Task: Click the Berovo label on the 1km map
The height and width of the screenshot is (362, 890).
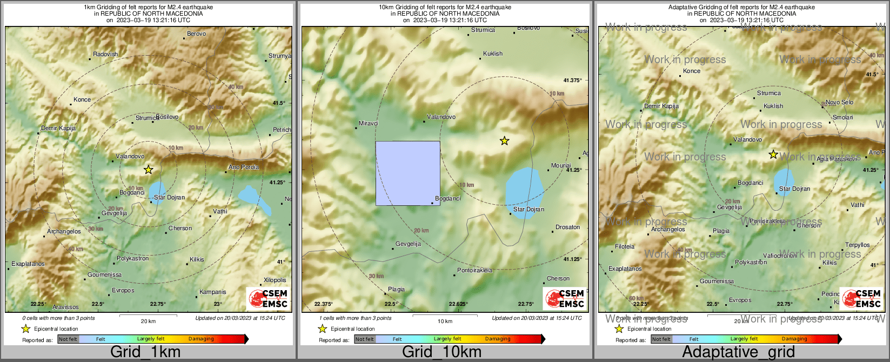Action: [x=196, y=33]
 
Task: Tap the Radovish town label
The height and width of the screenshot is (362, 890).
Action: [x=105, y=54]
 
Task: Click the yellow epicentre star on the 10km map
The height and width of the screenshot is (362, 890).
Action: [x=504, y=141]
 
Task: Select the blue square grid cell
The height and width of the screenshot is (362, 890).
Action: [x=407, y=173]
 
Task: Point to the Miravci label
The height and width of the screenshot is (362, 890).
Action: [x=369, y=123]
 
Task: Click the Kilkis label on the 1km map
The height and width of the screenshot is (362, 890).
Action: [x=197, y=259]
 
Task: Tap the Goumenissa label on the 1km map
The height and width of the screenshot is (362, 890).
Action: [x=104, y=274]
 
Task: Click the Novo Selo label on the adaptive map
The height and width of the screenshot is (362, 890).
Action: [x=839, y=102]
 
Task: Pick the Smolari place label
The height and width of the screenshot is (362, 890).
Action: [x=842, y=117]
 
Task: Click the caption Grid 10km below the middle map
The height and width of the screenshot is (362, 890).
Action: [x=441, y=352]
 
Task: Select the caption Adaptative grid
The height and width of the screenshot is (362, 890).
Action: [x=738, y=352]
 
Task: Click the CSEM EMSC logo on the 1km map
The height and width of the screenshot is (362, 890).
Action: [x=268, y=298]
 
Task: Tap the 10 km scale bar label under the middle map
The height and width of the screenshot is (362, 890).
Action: [x=445, y=321]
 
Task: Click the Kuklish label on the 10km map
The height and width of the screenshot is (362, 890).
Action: [x=493, y=53]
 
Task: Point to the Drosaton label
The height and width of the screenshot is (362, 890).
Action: [x=567, y=227]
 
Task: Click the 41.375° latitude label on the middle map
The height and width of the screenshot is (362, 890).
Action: [x=572, y=80]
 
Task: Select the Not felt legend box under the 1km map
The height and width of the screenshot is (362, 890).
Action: [x=68, y=339]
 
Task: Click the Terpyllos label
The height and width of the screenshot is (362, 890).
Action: [x=858, y=245]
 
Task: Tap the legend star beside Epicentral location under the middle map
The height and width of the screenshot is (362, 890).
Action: [x=323, y=329]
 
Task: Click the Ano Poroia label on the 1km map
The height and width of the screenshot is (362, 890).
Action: [x=243, y=167]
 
